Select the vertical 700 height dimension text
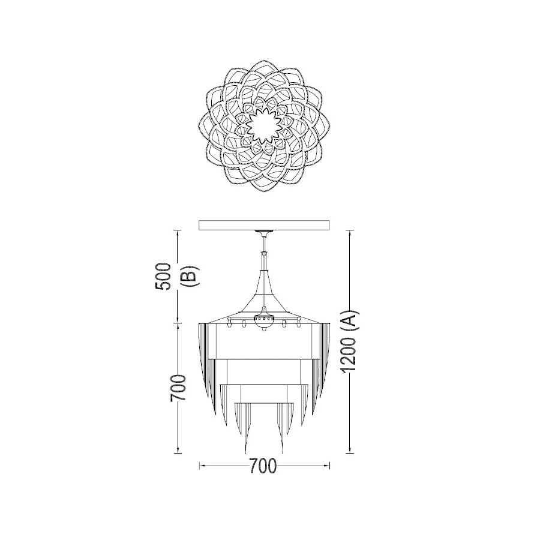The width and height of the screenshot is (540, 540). coord(178,388)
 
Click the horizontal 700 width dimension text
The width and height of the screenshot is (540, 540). coord(263,466)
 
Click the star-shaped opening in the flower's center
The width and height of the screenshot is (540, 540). coord(264,126)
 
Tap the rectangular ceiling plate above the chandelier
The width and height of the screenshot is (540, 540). coord(264,225)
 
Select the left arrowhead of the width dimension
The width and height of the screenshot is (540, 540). coord(203,466)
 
